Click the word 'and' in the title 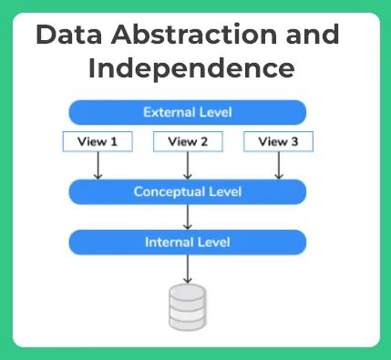coord(311,36)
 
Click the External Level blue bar coord(188,112)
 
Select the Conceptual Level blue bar coord(188,192)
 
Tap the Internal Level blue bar coord(188,242)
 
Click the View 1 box coord(98,141)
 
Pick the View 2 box coord(188,141)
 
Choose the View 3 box coord(278,141)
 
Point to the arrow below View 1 coord(98,166)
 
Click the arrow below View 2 coord(188,166)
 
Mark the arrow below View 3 coord(278,166)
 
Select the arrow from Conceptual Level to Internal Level coord(188,217)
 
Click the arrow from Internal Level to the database coord(188,268)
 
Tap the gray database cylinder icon coord(188,306)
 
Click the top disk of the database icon coord(188,293)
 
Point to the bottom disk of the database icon coord(188,321)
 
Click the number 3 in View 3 coord(293,141)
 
